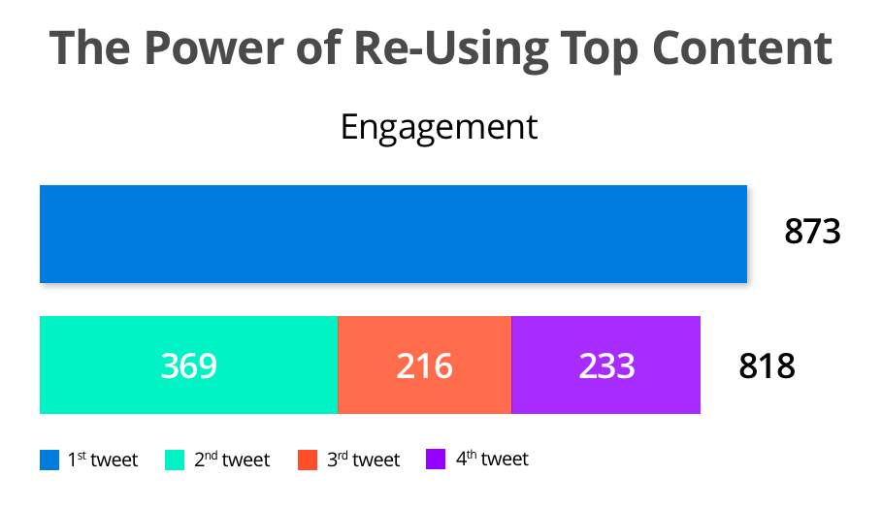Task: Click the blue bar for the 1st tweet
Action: tap(393, 234)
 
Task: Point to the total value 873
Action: tap(811, 234)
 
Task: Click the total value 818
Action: tap(767, 366)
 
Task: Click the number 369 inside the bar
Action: tap(188, 365)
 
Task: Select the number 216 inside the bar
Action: tap(424, 365)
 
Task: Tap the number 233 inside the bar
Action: tap(606, 365)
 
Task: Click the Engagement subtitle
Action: tap(439, 127)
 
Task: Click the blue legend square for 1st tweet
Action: tap(49, 460)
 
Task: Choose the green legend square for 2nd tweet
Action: tap(175, 460)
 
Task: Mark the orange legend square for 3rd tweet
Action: tap(308, 460)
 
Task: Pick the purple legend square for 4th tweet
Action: tap(435, 460)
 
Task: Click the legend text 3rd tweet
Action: tap(363, 460)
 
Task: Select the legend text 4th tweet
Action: tap(492, 460)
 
